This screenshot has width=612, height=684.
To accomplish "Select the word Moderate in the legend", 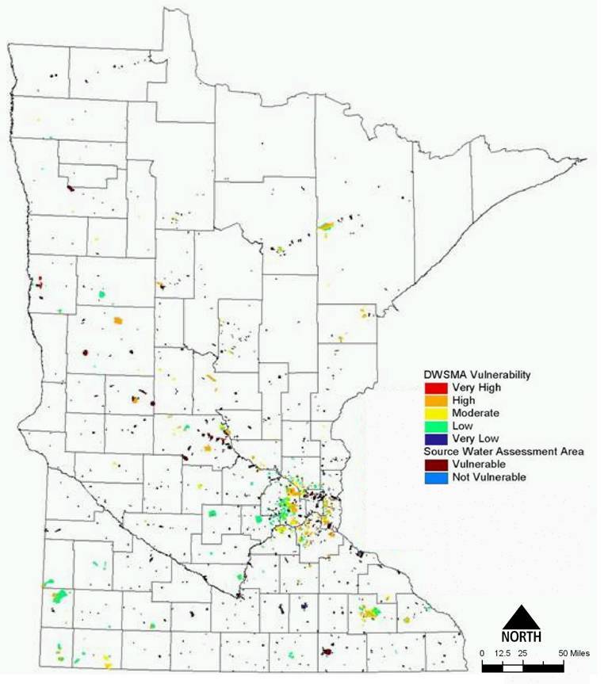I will click(476, 413).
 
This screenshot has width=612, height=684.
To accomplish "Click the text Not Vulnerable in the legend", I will click(489, 477).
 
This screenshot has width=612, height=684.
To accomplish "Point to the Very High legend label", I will click(476, 388).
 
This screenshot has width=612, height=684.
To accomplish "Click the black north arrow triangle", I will click(521, 617).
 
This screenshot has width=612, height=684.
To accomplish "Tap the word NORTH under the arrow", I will click(521, 636).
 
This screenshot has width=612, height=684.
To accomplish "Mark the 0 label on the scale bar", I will click(482, 652).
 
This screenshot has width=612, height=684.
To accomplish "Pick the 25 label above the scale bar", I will click(523, 652).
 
